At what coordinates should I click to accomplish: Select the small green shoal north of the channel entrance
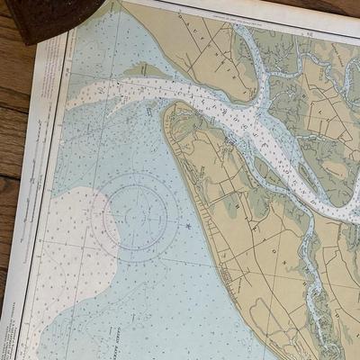click(144, 69)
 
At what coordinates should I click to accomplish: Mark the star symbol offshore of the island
click(187, 225)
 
